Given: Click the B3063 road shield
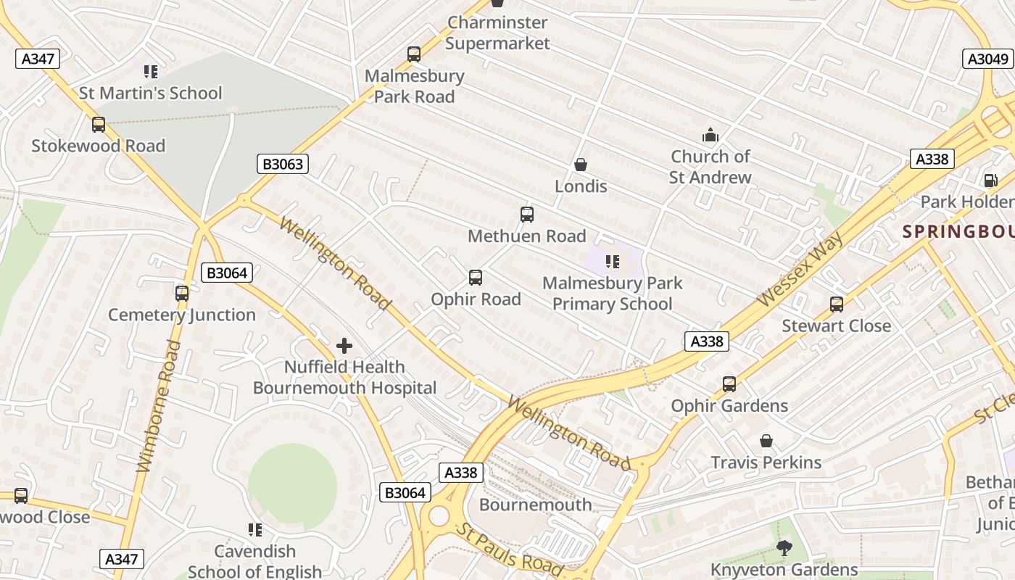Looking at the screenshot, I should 283,164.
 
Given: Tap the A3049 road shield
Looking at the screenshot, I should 987,59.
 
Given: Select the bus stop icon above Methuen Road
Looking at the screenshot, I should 527,215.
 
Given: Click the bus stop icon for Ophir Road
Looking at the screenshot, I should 476,278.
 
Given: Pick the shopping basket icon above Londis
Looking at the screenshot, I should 580,165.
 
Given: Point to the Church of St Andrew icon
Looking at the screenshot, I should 710,135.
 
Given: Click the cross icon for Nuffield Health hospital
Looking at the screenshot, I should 344,346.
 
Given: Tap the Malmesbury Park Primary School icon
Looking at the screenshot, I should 613,262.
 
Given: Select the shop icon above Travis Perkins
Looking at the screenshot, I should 766,441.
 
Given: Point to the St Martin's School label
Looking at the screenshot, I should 151,93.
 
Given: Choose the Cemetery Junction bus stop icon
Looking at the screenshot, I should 182,294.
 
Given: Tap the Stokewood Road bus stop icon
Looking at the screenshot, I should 99,125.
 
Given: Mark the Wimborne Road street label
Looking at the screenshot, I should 158,406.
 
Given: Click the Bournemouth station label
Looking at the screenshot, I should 535,505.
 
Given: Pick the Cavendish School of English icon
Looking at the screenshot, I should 254,530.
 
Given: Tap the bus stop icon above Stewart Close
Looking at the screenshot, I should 837,304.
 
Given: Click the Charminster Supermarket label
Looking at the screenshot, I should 497,33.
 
